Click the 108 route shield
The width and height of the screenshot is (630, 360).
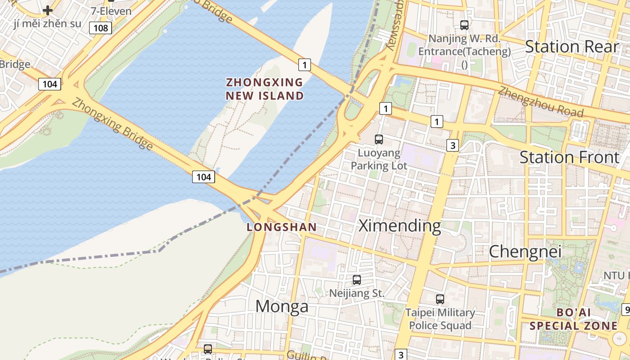100,28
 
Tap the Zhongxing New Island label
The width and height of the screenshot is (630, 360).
265,89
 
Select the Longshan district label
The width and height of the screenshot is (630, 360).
282,227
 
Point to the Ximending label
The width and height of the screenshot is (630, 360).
400,226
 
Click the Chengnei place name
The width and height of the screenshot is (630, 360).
525,252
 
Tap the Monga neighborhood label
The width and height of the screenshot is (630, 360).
282,306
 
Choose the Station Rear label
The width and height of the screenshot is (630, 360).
572,46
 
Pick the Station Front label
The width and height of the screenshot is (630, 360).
570,157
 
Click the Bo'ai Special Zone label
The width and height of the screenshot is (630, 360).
573,319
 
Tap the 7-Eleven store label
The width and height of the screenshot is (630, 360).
111,11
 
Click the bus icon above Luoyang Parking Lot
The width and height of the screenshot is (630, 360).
379,139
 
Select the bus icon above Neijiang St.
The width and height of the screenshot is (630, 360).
357,280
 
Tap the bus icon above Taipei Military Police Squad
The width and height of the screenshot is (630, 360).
440,299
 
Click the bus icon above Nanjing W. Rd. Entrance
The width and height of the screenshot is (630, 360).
464,25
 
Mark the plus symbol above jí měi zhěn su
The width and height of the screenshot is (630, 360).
48,10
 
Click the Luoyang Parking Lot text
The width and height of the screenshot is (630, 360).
379,159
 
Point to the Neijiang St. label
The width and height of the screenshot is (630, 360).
357,293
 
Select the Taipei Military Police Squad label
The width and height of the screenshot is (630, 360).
440,319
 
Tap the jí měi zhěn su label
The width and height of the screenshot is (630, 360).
48,23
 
